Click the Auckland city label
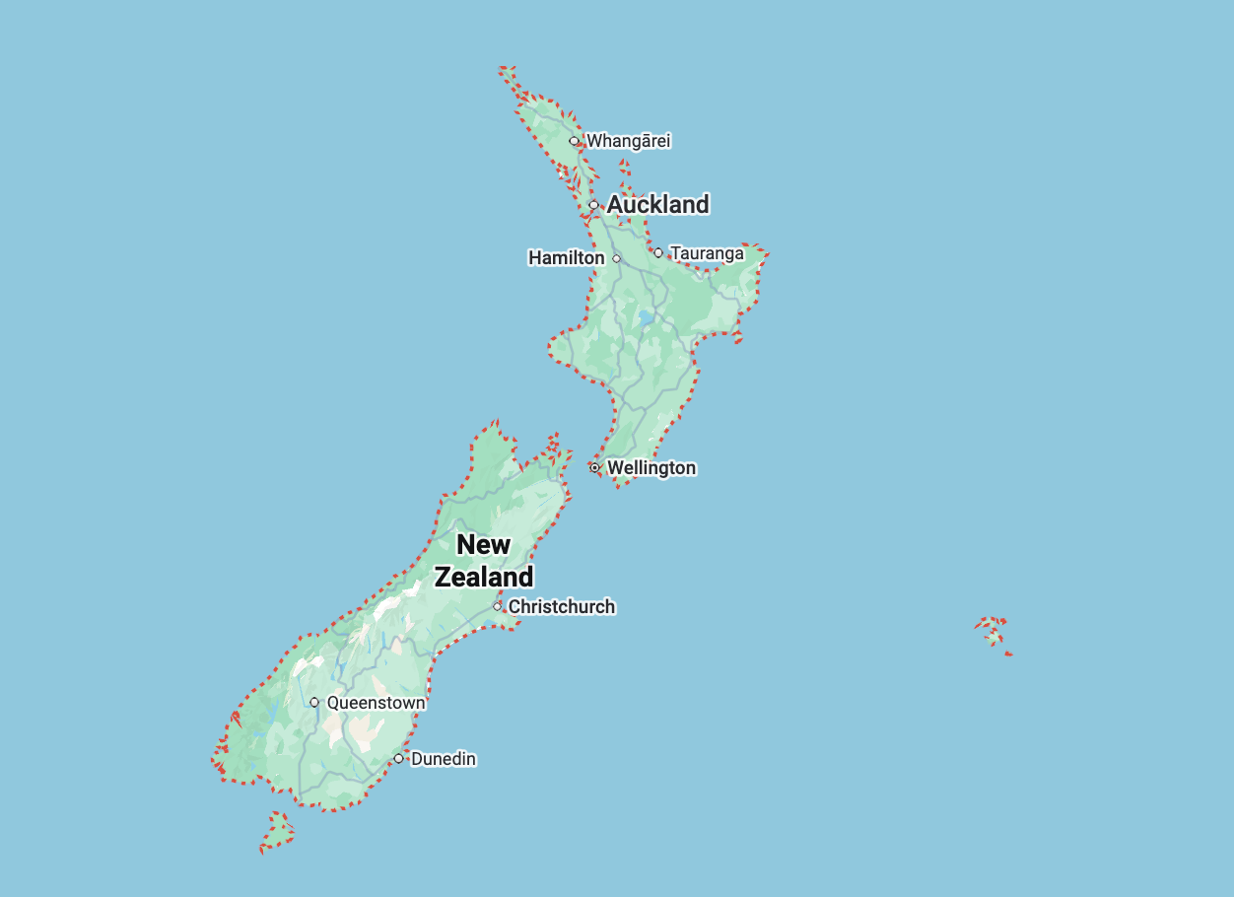pyautogui.click(x=657, y=204)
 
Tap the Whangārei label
pyautogui.click(x=628, y=141)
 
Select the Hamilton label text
pyautogui.click(x=567, y=258)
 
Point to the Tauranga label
pyautogui.click(x=707, y=253)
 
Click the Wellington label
pyautogui.click(x=651, y=467)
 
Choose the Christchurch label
pyautogui.click(x=561, y=606)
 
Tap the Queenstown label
pyautogui.click(x=376, y=703)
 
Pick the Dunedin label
pyautogui.click(x=443, y=759)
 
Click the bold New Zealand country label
pyautogui.click(x=484, y=560)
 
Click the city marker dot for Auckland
pyautogui.click(x=593, y=205)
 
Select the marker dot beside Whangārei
pyautogui.click(x=574, y=141)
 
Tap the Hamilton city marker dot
pyautogui.click(x=617, y=258)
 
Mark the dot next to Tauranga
pyautogui.click(x=658, y=252)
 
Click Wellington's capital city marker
pyautogui.click(x=594, y=467)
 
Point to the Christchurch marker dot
pyautogui.click(x=497, y=606)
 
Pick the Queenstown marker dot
pyautogui.click(x=314, y=703)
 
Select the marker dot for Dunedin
pyautogui.click(x=398, y=758)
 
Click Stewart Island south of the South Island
pyautogui.click(x=279, y=833)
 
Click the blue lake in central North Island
pyautogui.click(x=647, y=318)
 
